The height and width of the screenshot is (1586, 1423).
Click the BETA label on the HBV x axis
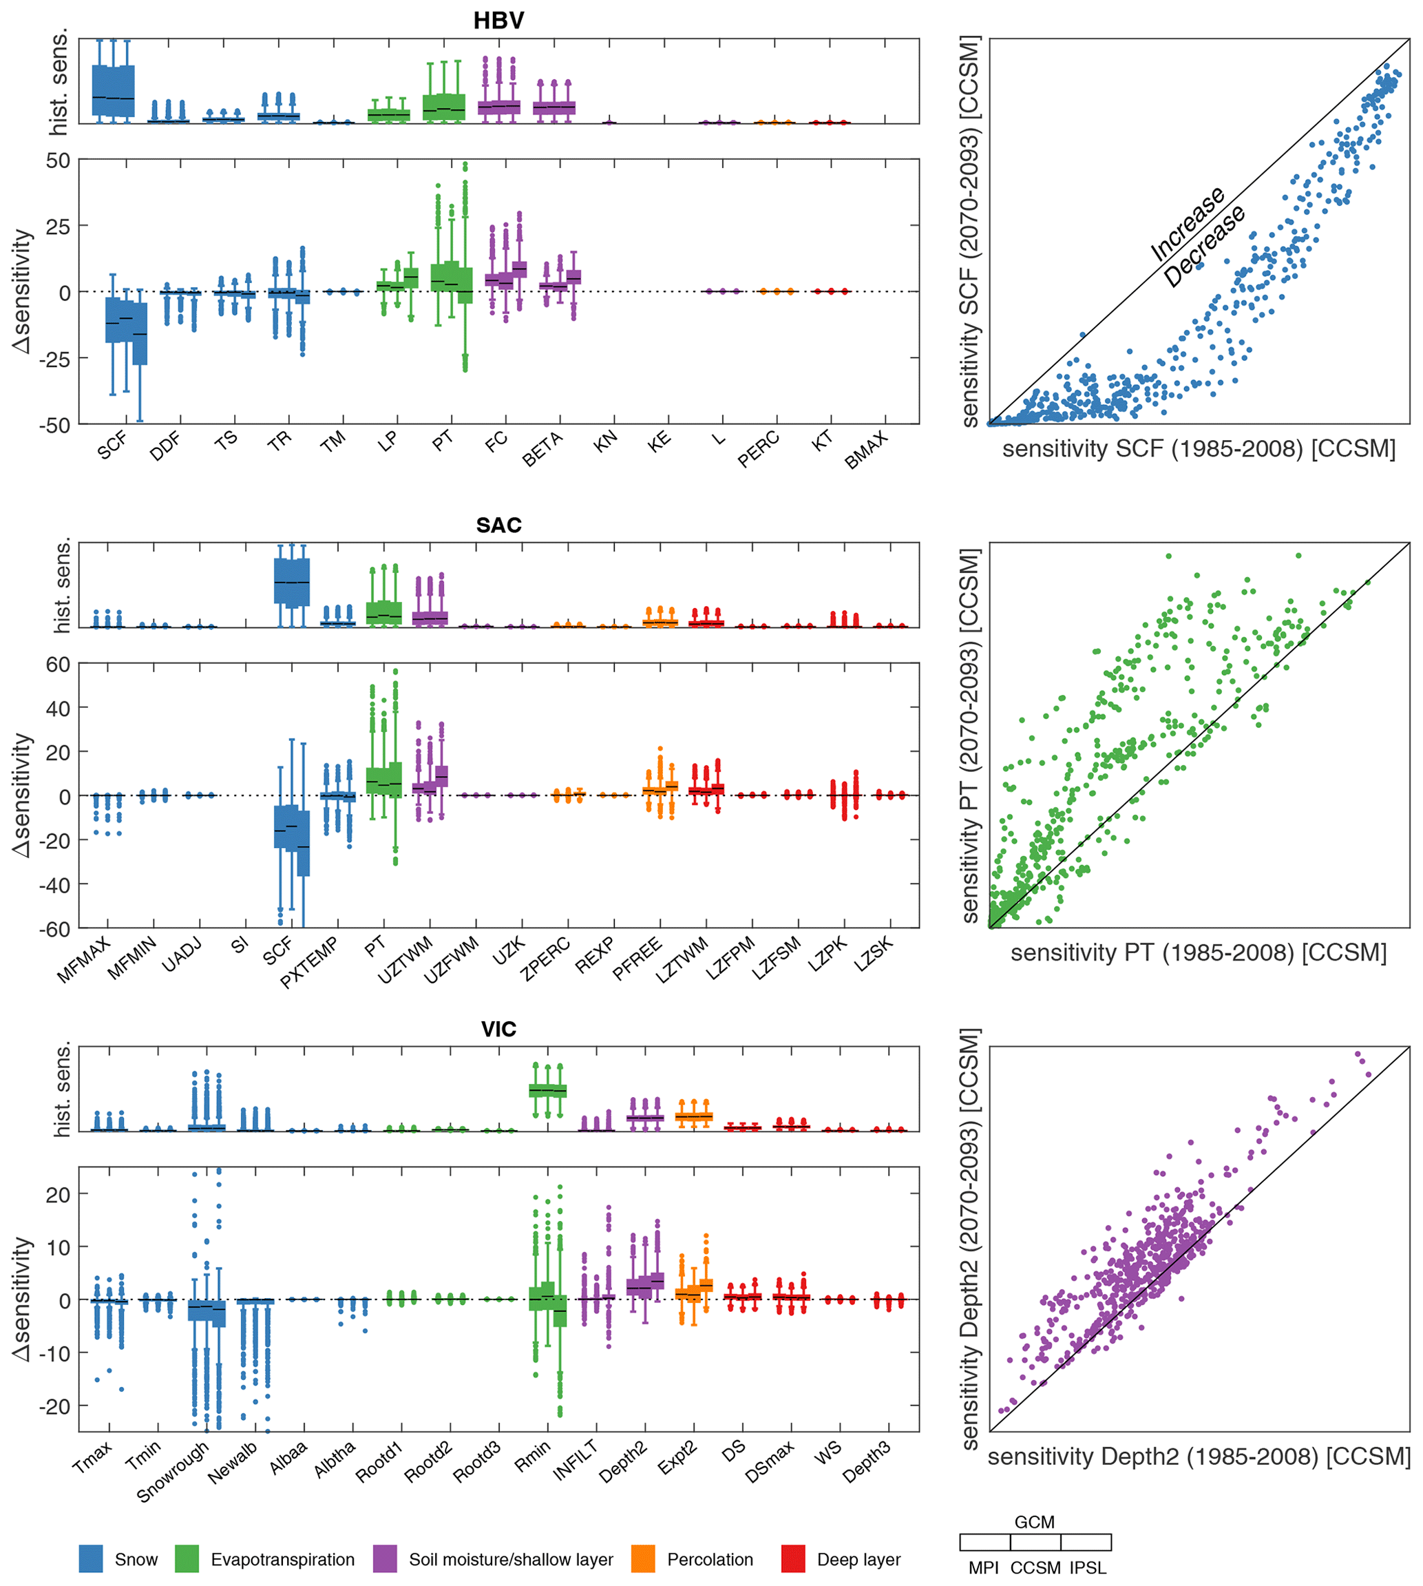click(542, 450)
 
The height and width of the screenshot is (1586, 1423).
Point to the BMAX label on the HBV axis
click(866, 450)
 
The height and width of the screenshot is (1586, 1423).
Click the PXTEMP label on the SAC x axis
click(310, 962)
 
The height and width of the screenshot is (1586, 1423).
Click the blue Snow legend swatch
click(91, 1559)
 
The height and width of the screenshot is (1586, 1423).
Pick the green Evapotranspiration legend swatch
click(187, 1559)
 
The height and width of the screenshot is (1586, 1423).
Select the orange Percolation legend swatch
click(643, 1559)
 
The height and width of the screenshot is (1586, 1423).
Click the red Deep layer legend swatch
click(793, 1559)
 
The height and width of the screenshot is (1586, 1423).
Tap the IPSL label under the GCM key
click(1088, 1568)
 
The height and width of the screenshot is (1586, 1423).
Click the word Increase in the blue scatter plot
click(1187, 224)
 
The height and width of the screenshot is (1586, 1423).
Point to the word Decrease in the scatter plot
click(1204, 247)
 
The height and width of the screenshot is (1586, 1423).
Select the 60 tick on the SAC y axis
click(58, 664)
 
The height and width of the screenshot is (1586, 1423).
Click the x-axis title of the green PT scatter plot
click(1199, 953)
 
